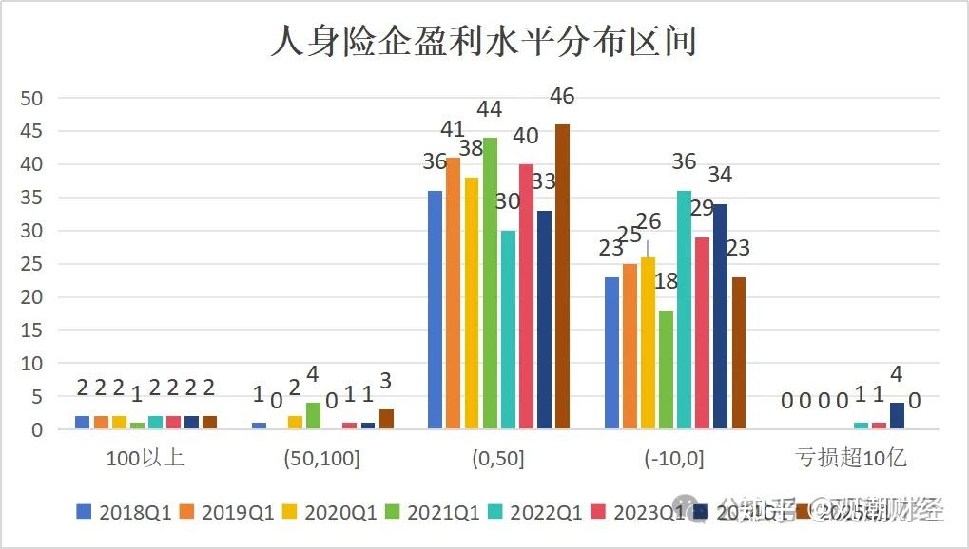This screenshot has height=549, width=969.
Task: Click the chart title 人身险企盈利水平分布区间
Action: [x=484, y=43]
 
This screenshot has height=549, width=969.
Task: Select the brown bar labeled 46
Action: [x=562, y=276]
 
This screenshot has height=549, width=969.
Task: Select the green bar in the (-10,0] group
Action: [x=666, y=369]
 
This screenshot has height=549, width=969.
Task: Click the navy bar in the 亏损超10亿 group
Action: [x=897, y=416]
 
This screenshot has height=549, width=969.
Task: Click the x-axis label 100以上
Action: [x=146, y=459]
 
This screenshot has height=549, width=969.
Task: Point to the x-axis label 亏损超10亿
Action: [x=851, y=459]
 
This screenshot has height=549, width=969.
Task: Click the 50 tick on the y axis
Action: [x=32, y=98]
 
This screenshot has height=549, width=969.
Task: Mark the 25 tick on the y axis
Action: [x=32, y=264]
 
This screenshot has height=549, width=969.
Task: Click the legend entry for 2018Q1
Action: [x=124, y=513]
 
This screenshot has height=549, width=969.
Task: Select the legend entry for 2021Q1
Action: [x=433, y=513]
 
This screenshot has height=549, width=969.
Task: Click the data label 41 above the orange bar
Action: [x=453, y=129]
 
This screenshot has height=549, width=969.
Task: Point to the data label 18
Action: [x=666, y=281]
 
